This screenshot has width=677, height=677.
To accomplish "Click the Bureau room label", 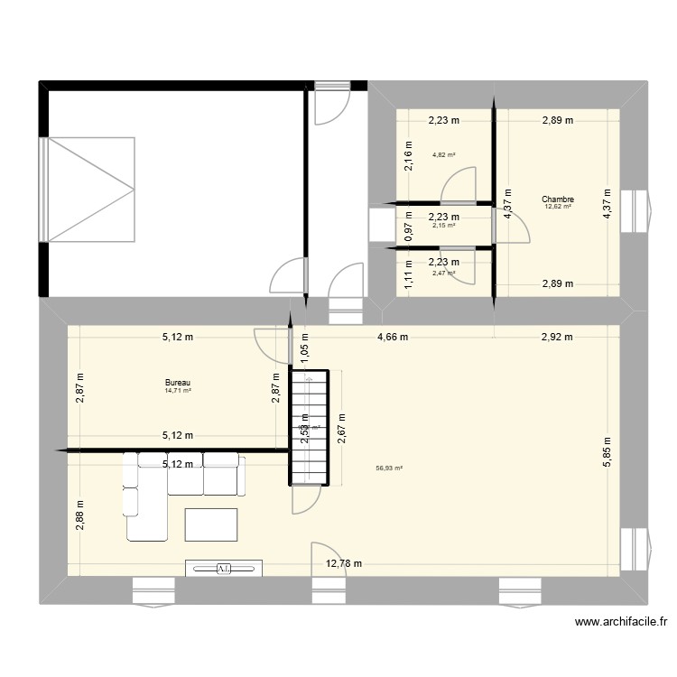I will click(x=177, y=383).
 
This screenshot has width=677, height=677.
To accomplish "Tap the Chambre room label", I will click(x=558, y=199).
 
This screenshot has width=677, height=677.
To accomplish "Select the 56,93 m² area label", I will click(x=389, y=468).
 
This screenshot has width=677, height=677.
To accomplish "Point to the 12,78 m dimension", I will click(x=344, y=564).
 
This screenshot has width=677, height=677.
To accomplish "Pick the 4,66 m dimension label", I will click(x=392, y=338).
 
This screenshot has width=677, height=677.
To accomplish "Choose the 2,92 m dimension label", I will click(x=556, y=338).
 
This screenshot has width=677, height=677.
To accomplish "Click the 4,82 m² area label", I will click(x=443, y=155).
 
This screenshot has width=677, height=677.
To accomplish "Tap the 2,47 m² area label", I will click(x=443, y=273).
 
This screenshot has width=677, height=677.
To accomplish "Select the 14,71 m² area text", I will click(x=178, y=391).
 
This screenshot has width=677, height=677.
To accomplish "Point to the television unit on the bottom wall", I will click(x=224, y=568).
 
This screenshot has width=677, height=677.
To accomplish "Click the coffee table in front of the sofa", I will click(x=211, y=524).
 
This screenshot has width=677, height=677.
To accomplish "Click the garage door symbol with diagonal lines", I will click(x=91, y=190).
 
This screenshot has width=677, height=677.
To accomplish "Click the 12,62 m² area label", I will click(x=558, y=207).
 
